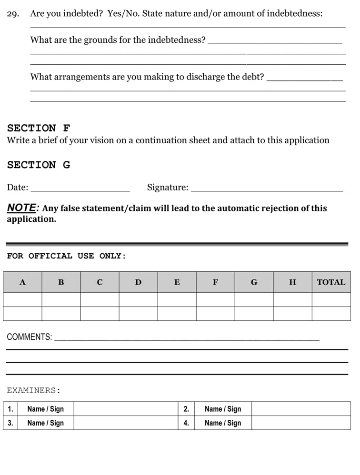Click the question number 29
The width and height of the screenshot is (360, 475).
click(x=13, y=14)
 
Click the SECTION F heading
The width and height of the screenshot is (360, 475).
click(x=39, y=128)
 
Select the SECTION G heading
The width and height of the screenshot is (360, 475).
click(x=39, y=165)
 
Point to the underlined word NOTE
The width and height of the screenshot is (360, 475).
click(x=22, y=208)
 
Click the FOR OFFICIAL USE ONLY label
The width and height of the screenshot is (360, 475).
click(x=66, y=256)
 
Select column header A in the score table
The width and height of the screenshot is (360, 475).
click(x=22, y=282)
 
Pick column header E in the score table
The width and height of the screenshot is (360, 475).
click(x=177, y=282)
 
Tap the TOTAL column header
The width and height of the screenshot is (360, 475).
click(x=331, y=282)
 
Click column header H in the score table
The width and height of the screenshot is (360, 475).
click(x=292, y=282)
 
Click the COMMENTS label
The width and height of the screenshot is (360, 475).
click(x=29, y=337)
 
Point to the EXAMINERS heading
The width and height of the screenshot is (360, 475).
click(x=34, y=391)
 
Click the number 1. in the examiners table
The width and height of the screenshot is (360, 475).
click(x=10, y=409)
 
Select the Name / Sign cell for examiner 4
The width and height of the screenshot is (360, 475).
click(x=223, y=423)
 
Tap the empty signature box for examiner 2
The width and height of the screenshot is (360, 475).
click(x=301, y=409)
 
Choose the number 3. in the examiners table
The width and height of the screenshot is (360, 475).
click(x=10, y=423)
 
